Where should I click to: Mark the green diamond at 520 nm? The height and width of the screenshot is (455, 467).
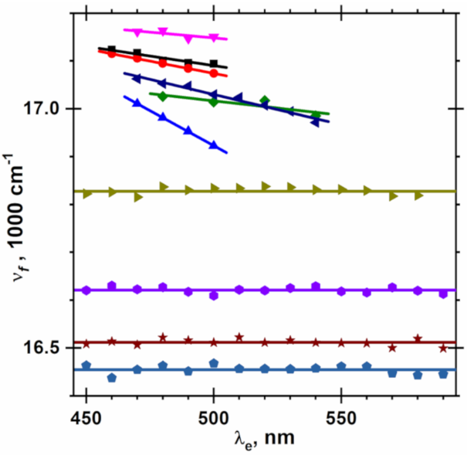(265, 100)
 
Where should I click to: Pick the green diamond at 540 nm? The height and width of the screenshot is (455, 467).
(316, 115)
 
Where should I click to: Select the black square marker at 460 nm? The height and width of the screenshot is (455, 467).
(112, 50)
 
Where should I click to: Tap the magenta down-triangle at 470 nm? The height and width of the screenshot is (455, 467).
(137, 32)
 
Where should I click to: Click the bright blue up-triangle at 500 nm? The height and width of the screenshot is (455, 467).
(214, 144)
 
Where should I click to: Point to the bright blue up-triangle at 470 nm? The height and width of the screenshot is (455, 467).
(137, 103)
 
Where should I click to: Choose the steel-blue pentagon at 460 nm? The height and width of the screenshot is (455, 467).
(112, 378)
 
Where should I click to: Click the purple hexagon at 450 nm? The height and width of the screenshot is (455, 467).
(86, 290)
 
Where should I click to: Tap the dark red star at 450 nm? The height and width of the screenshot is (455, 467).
(86, 344)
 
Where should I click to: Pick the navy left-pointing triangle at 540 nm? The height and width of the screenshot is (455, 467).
(315, 121)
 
